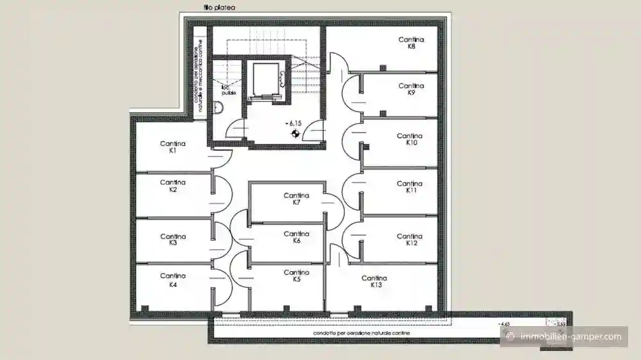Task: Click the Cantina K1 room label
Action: click(172, 147)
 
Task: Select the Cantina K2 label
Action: click(172, 186)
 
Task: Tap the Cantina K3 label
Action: click(172, 240)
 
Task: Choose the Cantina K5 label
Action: click(296, 276)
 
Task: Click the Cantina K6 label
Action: click(296, 237)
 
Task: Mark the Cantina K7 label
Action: click(296, 199)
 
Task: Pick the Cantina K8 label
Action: click(411, 43)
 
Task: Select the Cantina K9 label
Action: click(411, 89)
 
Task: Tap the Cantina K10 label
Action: click(410, 139)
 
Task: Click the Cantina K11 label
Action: click(410, 187)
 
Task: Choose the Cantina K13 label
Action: click(374, 282)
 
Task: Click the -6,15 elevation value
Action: click(295, 123)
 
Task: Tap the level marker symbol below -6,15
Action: click(295, 133)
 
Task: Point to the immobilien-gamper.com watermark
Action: click(564, 337)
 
